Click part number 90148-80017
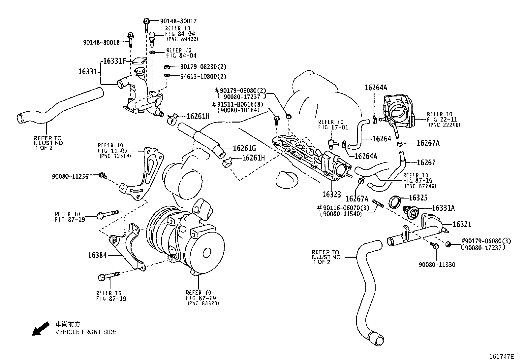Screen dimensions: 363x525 click(x=178, y=21)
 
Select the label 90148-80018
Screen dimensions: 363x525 click(x=101, y=42)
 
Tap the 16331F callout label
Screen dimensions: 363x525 click(x=114, y=61)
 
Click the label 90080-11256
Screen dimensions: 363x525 click(x=70, y=177)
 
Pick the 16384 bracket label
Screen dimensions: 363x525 click(x=97, y=255)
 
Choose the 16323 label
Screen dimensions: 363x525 click(x=331, y=194)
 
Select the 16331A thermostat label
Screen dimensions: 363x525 click(x=443, y=208)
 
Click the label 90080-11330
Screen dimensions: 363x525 click(x=437, y=265)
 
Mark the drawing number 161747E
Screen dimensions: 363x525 click(x=502, y=356)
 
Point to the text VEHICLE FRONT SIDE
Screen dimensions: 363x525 click(x=85, y=332)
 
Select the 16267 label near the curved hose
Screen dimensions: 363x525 click(x=426, y=162)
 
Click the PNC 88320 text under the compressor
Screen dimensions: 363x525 click(x=203, y=303)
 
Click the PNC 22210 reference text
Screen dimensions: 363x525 click(x=444, y=125)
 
